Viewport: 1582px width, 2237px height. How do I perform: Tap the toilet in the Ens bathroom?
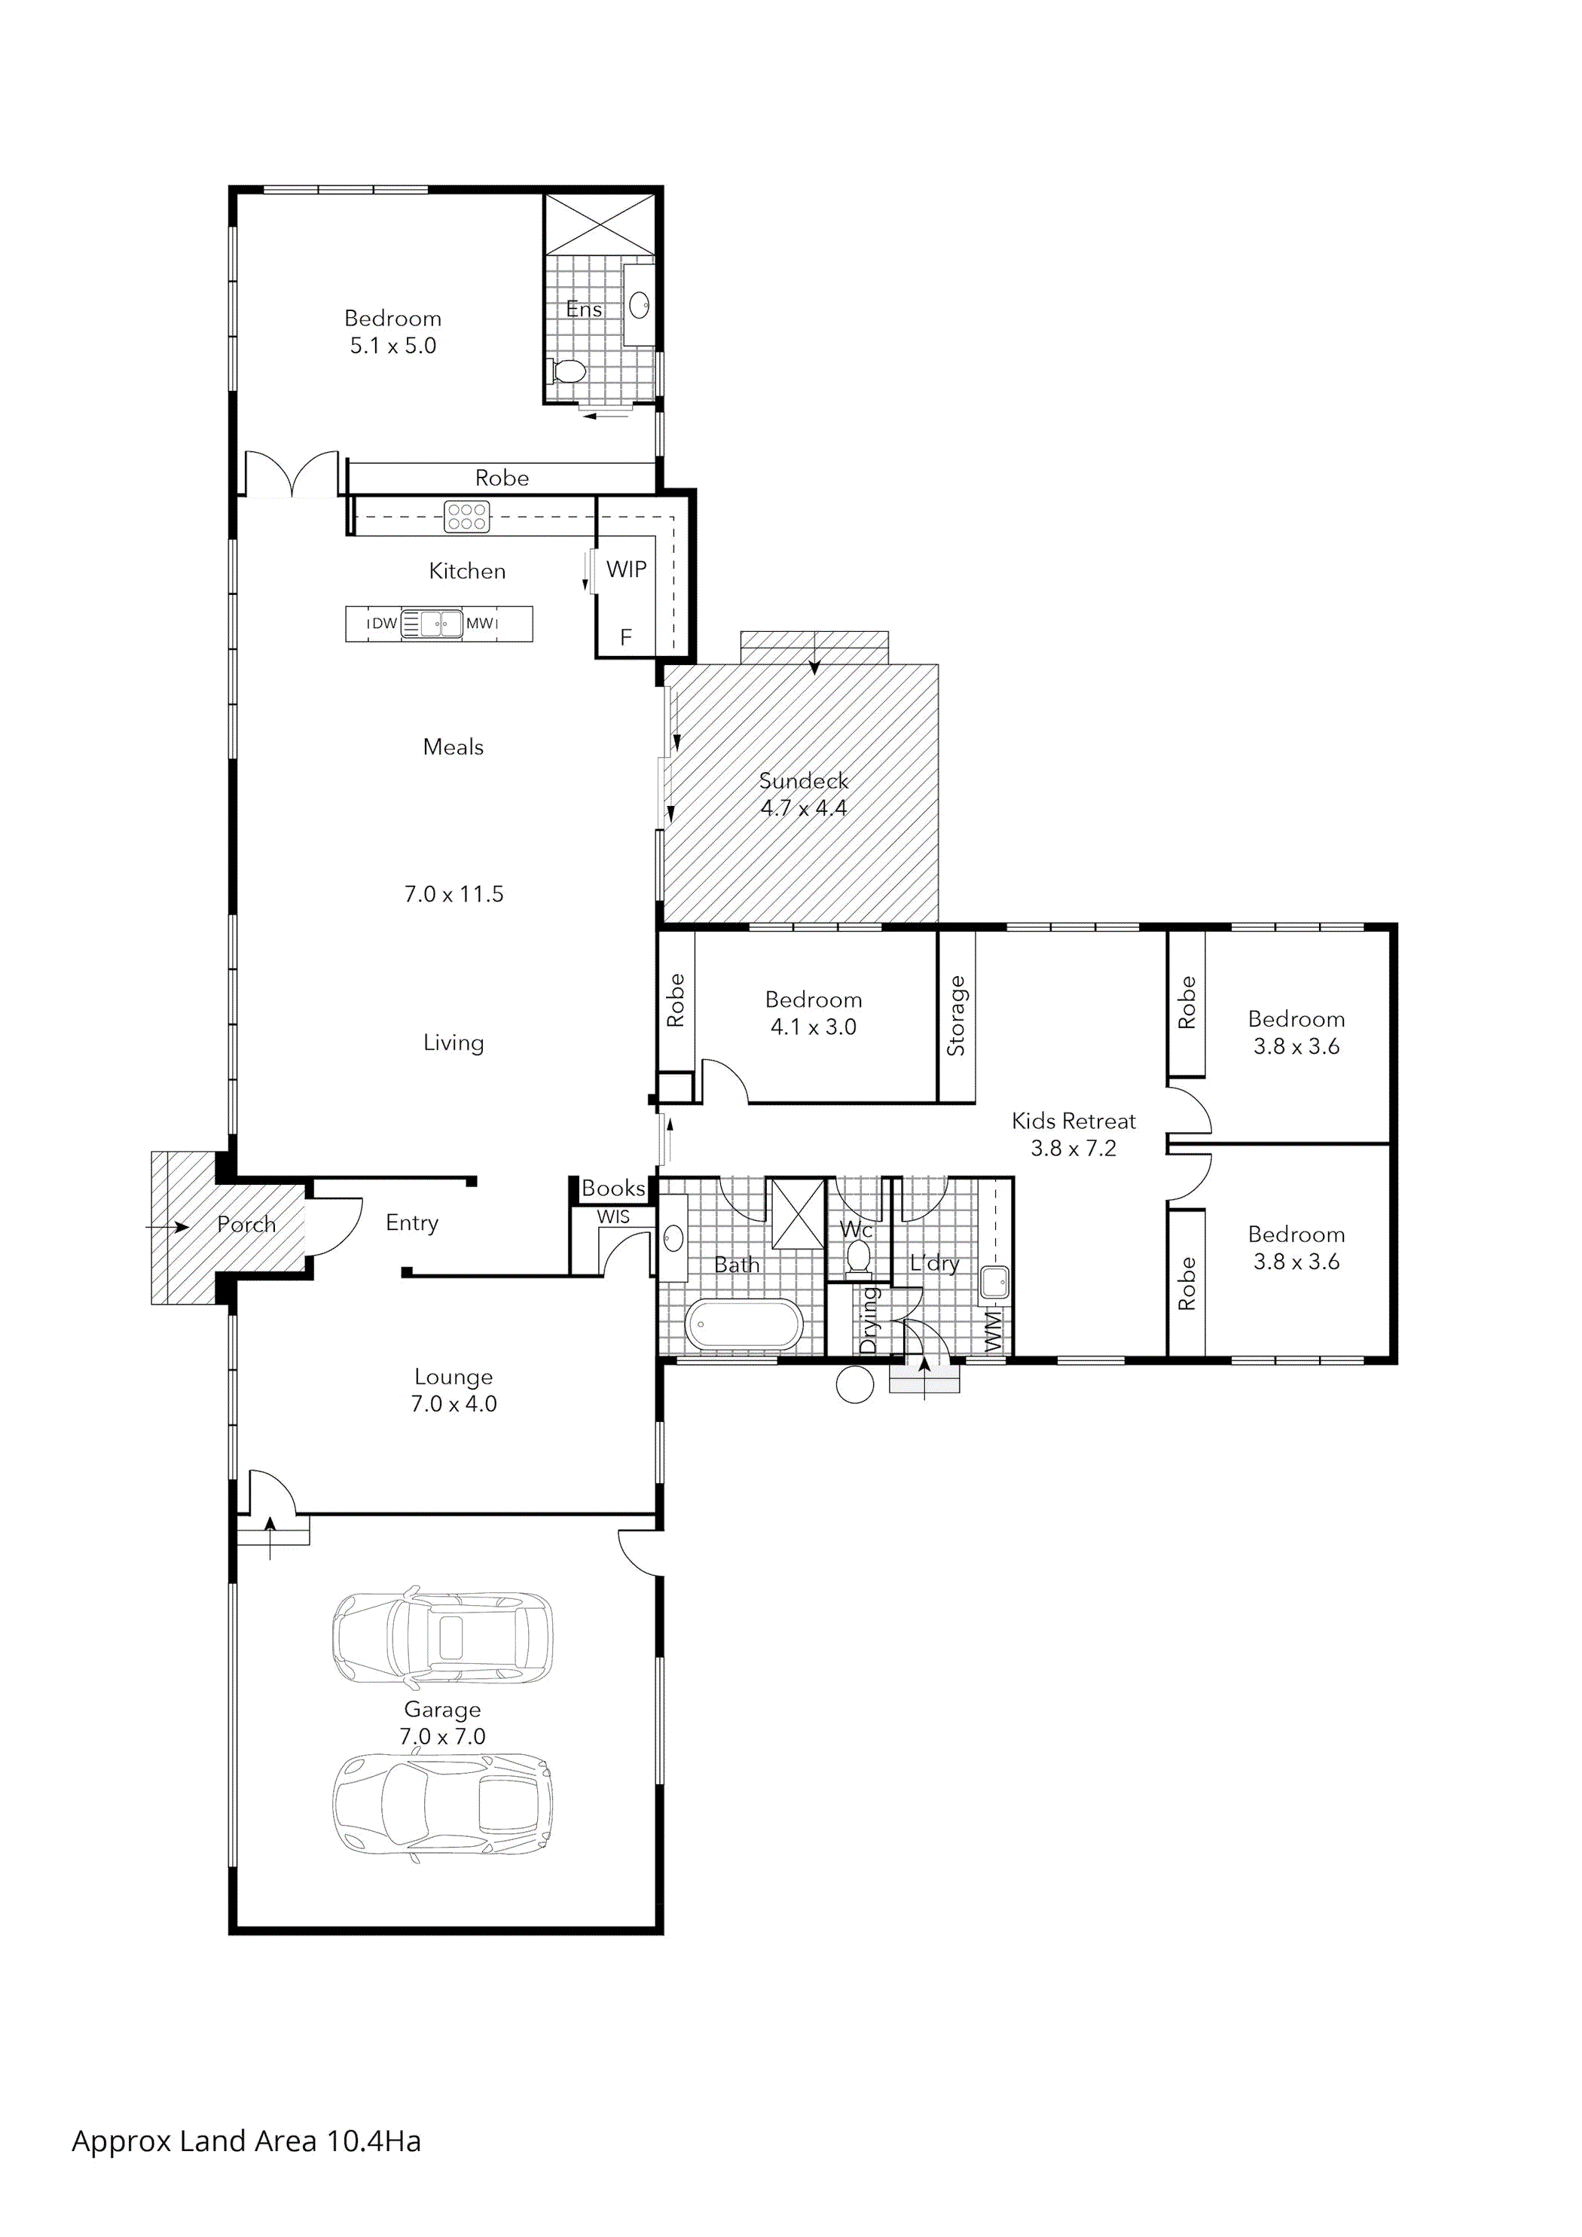(567, 371)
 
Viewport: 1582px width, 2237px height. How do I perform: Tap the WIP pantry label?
(626, 570)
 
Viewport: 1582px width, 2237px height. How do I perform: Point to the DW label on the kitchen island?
(384, 624)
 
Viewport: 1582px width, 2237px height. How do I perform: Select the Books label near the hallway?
(613, 1188)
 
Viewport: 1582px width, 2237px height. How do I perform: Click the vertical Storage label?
(956, 1016)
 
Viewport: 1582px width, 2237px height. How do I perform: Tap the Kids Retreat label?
(1073, 1121)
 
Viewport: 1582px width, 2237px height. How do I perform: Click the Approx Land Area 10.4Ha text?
(246, 2141)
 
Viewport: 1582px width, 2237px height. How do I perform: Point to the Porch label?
(246, 1224)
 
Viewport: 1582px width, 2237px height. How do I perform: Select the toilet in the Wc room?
(858, 1258)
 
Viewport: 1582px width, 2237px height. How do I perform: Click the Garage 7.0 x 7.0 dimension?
(442, 1736)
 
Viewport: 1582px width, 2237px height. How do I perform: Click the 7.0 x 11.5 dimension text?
(454, 894)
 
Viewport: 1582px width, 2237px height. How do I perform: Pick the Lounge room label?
(454, 1377)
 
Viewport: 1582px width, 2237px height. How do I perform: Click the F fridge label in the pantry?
(626, 637)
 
